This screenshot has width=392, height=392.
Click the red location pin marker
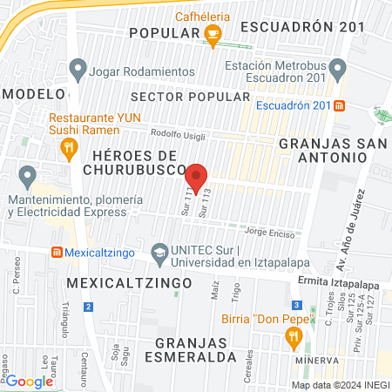pyautogui.click(x=197, y=178)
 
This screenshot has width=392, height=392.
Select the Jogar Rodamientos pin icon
pyautogui.click(x=78, y=67)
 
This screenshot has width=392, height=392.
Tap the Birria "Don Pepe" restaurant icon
pyautogui.click(x=294, y=335)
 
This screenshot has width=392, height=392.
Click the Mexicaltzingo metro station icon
pyautogui.click(x=57, y=253)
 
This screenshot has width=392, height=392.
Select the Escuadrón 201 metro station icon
pyautogui.click(x=340, y=105)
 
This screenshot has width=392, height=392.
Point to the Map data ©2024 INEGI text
pyautogui.click(x=340, y=384)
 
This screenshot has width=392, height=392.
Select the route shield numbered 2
pyautogui.click(x=88, y=307)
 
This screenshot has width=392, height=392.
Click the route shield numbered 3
pyautogui.click(x=297, y=305)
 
